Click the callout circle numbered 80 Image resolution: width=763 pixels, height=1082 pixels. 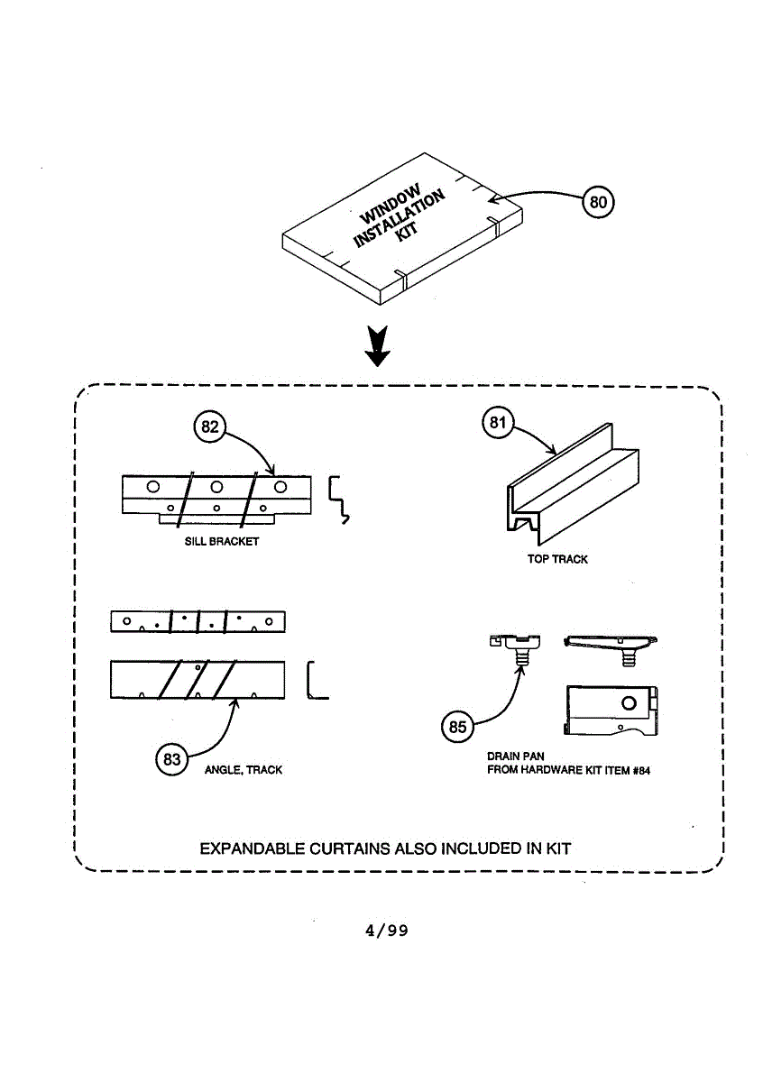(598, 201)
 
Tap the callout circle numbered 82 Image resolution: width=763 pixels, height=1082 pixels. (209, 427)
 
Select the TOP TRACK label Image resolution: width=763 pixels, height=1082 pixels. (557, 560)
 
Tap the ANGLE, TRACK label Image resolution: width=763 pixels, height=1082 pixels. (244, 770)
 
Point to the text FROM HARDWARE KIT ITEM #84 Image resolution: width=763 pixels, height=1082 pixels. (568, 771)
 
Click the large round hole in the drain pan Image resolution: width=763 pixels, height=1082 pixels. (630, 703)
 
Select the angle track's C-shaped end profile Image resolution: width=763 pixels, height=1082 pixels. (317, 681)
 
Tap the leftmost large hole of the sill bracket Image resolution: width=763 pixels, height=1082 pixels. (154, 486)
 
